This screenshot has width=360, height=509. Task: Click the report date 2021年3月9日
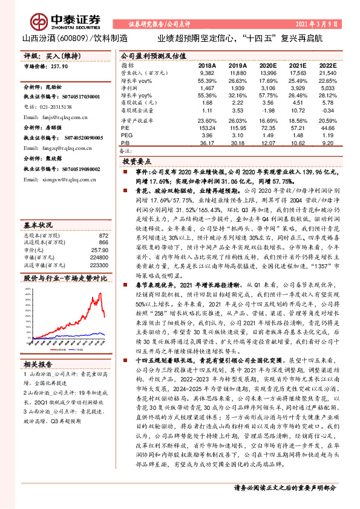317,24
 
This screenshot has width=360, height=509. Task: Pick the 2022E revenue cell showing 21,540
327,72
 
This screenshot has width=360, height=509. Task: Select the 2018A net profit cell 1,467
207,88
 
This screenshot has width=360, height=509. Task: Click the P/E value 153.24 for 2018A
207,128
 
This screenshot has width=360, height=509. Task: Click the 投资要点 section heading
136,163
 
